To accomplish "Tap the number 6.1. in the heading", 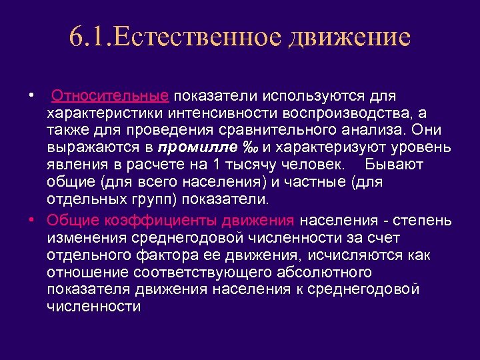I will [x=91, y=37].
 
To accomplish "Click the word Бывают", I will [x=396, y=164].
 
